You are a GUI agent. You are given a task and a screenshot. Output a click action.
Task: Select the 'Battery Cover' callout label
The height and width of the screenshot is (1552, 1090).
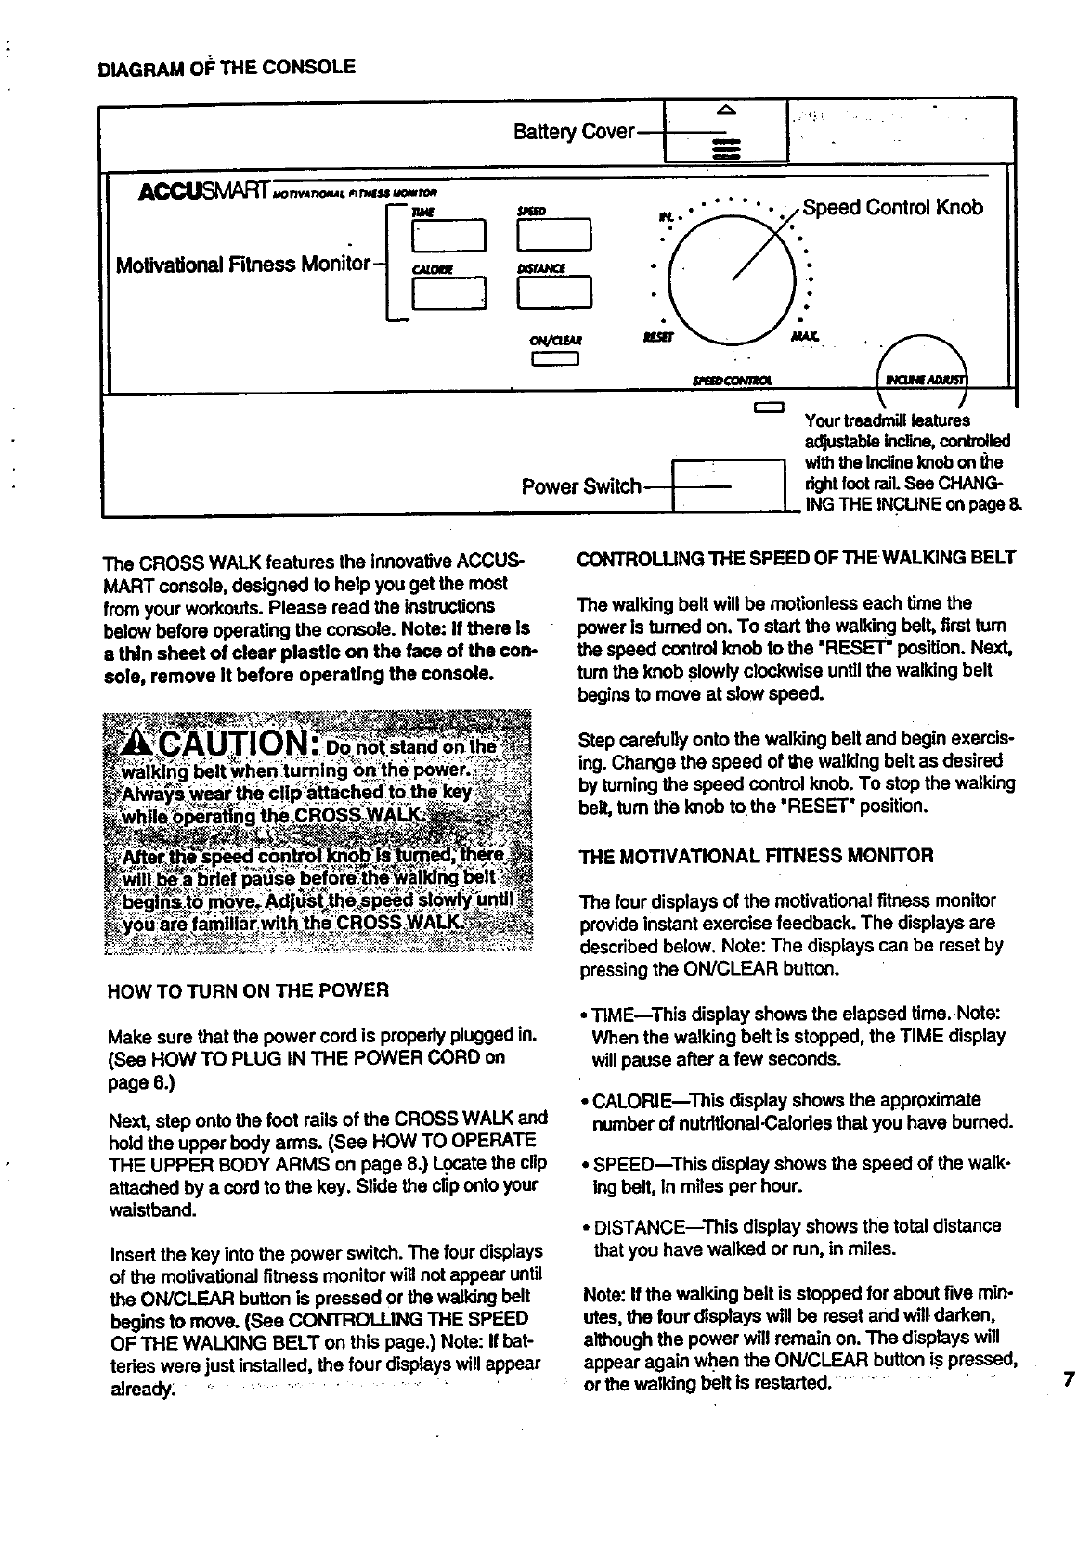coord(574,132)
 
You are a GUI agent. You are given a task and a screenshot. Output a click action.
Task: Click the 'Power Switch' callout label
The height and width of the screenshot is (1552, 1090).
coord(581,486)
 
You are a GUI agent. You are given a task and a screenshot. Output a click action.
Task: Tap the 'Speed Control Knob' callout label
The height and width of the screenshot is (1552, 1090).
coord(892,207)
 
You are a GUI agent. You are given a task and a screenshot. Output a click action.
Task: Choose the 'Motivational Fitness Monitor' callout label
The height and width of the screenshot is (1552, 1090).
coord(243,265)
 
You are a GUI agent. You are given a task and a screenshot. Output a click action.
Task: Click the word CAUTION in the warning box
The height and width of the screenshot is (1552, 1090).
coord(227,745)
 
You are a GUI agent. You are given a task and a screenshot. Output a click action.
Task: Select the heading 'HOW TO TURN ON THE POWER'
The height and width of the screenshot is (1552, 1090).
coord(248,989)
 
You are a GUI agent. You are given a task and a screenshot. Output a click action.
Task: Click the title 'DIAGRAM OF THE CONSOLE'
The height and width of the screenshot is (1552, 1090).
coord(226,67)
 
